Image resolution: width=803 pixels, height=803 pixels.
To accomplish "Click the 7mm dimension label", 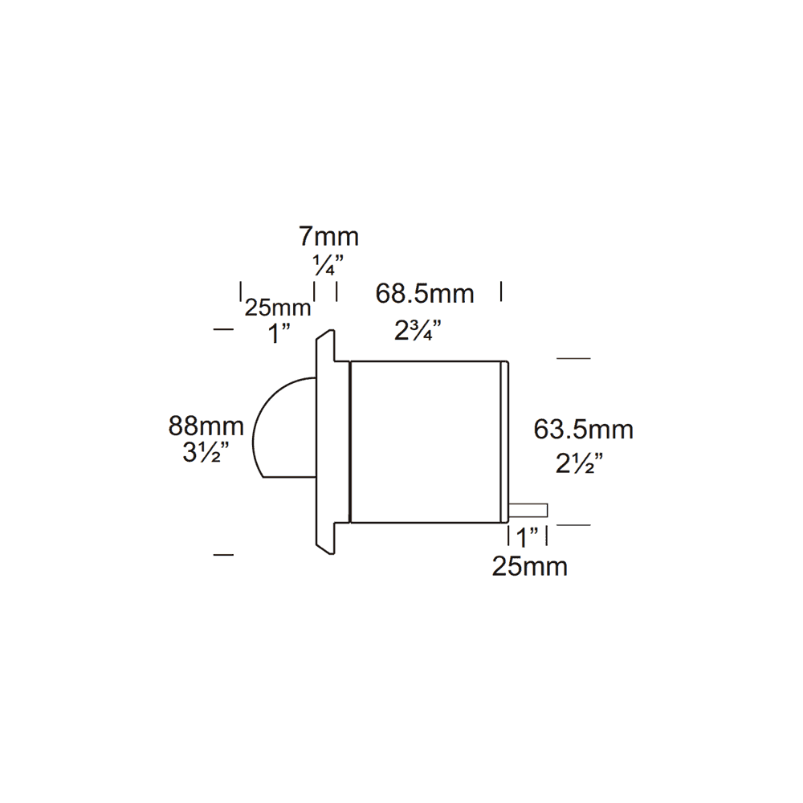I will (x=328, y=237).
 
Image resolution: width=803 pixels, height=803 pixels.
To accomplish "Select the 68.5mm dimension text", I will (x=425, y=294).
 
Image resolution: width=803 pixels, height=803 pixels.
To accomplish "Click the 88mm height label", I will (x=206, y=425).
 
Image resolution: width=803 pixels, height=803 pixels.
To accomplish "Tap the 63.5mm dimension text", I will (x=584, y=430).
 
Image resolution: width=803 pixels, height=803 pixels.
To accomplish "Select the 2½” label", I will (x=579, y=463).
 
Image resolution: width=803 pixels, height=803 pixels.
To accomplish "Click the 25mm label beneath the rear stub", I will (x=530, y=566).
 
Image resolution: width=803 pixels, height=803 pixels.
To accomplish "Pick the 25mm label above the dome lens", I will (x=278, y=308).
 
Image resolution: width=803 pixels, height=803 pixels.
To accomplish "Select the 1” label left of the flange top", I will (x=279, y=333).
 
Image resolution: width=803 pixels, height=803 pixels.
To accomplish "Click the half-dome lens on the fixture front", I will (x=285, y=430).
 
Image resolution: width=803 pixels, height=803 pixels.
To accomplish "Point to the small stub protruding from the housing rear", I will (x=528, y=509).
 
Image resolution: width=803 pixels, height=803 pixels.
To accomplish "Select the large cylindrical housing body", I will (x=426, y=442).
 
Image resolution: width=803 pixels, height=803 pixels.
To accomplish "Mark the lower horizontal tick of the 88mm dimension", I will (x=222, y=554).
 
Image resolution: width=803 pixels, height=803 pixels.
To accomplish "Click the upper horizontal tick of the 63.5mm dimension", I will (x=573, y=358).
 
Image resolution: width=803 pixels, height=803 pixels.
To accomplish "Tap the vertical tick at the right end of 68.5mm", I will (x=501, y=291).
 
